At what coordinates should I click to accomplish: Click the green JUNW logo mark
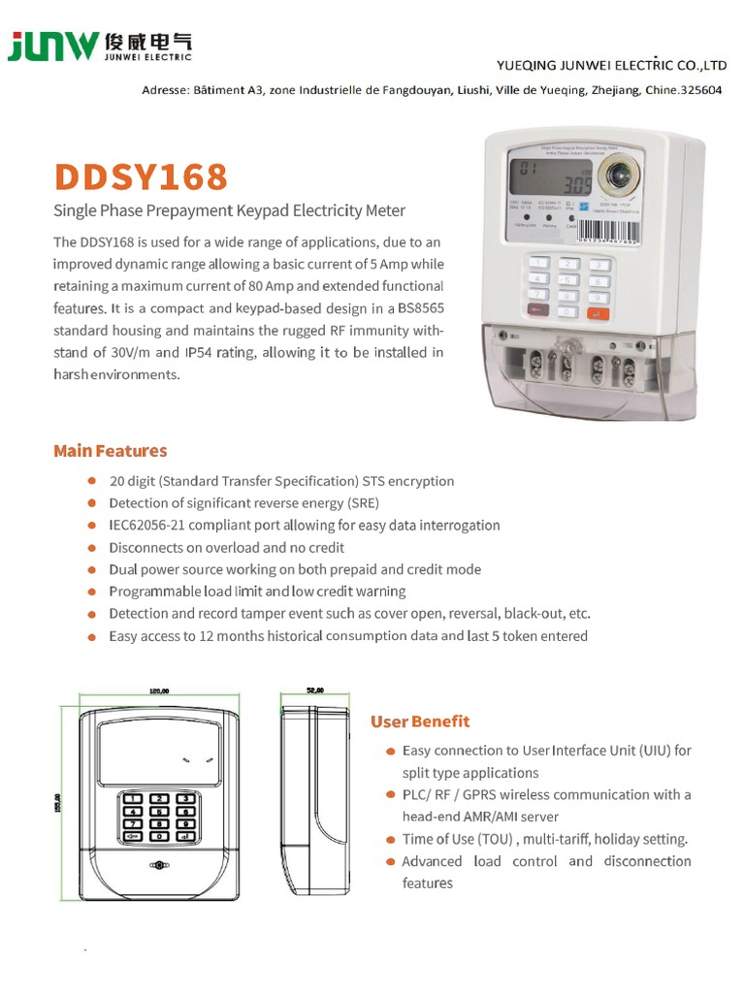coord(53,47)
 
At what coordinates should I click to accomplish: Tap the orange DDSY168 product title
coord(141,176)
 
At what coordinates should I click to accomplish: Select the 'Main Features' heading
coord(111,451)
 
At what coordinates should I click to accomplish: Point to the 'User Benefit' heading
coord(420,721)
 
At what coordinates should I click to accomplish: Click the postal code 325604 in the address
coord(698,89)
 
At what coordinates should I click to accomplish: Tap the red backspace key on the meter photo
coord(536,310)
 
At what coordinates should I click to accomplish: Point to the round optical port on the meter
coord(617,176)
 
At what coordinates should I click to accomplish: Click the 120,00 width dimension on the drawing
coord(158,691)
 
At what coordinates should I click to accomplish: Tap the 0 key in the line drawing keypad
coord(157,835)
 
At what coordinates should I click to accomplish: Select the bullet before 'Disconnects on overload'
coord(91,548)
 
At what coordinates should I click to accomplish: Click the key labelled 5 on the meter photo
coord(569,281)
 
